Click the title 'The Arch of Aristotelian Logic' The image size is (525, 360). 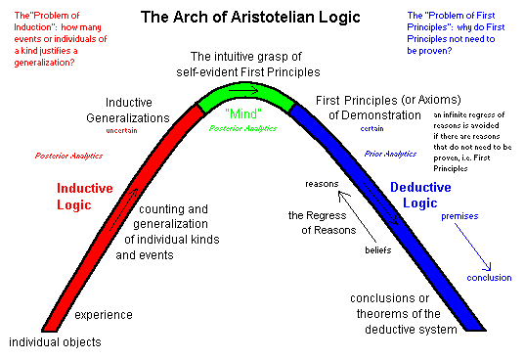click(x=250, y=17)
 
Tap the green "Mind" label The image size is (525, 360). click(x=243, y=113)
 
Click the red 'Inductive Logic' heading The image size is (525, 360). click(x=85, y=197)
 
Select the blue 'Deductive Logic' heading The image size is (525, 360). click(x=420, y=195)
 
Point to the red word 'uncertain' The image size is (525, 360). click(x=121, y=131)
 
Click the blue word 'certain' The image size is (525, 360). click(x=372, y=128)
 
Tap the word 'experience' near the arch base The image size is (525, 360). click(x=104, y=315)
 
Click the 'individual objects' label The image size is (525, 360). click(x=55, y=342)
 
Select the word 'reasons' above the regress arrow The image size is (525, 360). click(x=322, y=184)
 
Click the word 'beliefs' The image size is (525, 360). click(x=378, y=250)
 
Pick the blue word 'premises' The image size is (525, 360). click(x=459, y=216)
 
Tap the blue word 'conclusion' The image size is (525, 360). click(x=489, y=278)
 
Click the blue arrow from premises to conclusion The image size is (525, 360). click(x=472, y=247)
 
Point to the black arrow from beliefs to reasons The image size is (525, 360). click(x=357, y=216)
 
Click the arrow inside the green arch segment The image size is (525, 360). click(x=243, y=90)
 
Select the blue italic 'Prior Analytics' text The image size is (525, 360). click(x=390, y=154)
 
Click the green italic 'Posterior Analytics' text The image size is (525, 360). click(x=242, y=128)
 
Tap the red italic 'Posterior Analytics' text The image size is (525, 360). click(x=68, y=156)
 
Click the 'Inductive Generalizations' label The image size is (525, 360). click(x=128, y=111)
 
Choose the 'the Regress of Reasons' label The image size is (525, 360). click(x=322, y=223)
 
